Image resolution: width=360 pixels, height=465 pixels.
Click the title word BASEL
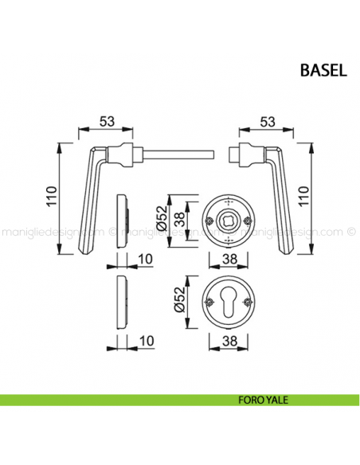pyautogui.click(x=323, y=69)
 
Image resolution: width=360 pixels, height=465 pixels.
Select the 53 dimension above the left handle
pyautogui.click(x=106, y=121)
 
